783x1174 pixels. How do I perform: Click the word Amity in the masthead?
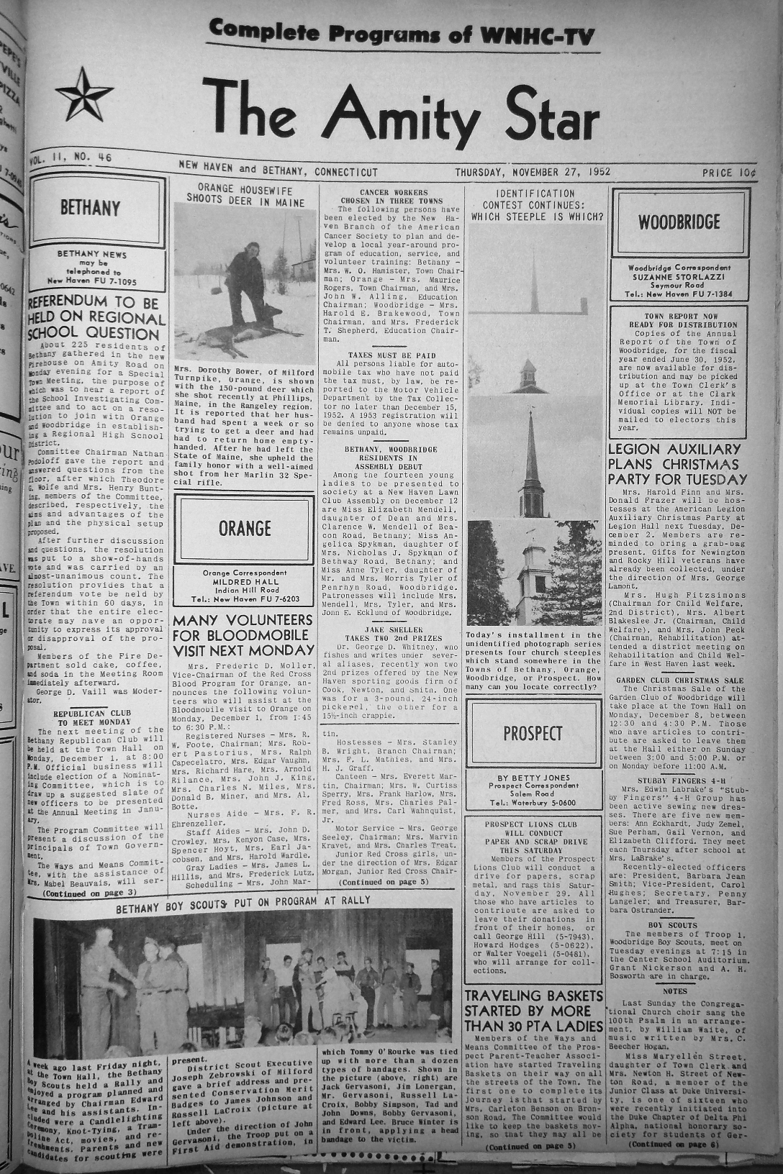tap(417, 110)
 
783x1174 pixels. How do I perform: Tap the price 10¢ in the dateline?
tap(724, 173)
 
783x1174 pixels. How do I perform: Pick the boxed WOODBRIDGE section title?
tap(679, 222)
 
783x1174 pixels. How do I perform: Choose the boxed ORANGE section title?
tap(245, 529)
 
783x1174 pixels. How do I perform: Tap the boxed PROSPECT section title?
tap(533, 733)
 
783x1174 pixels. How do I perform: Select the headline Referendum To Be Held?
tap(95, 317)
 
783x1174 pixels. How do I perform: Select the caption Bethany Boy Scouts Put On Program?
tap(243, 908)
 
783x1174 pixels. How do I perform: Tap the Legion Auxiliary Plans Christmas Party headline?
tap(679, 464)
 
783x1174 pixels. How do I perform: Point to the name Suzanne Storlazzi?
tap(679, 276)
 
